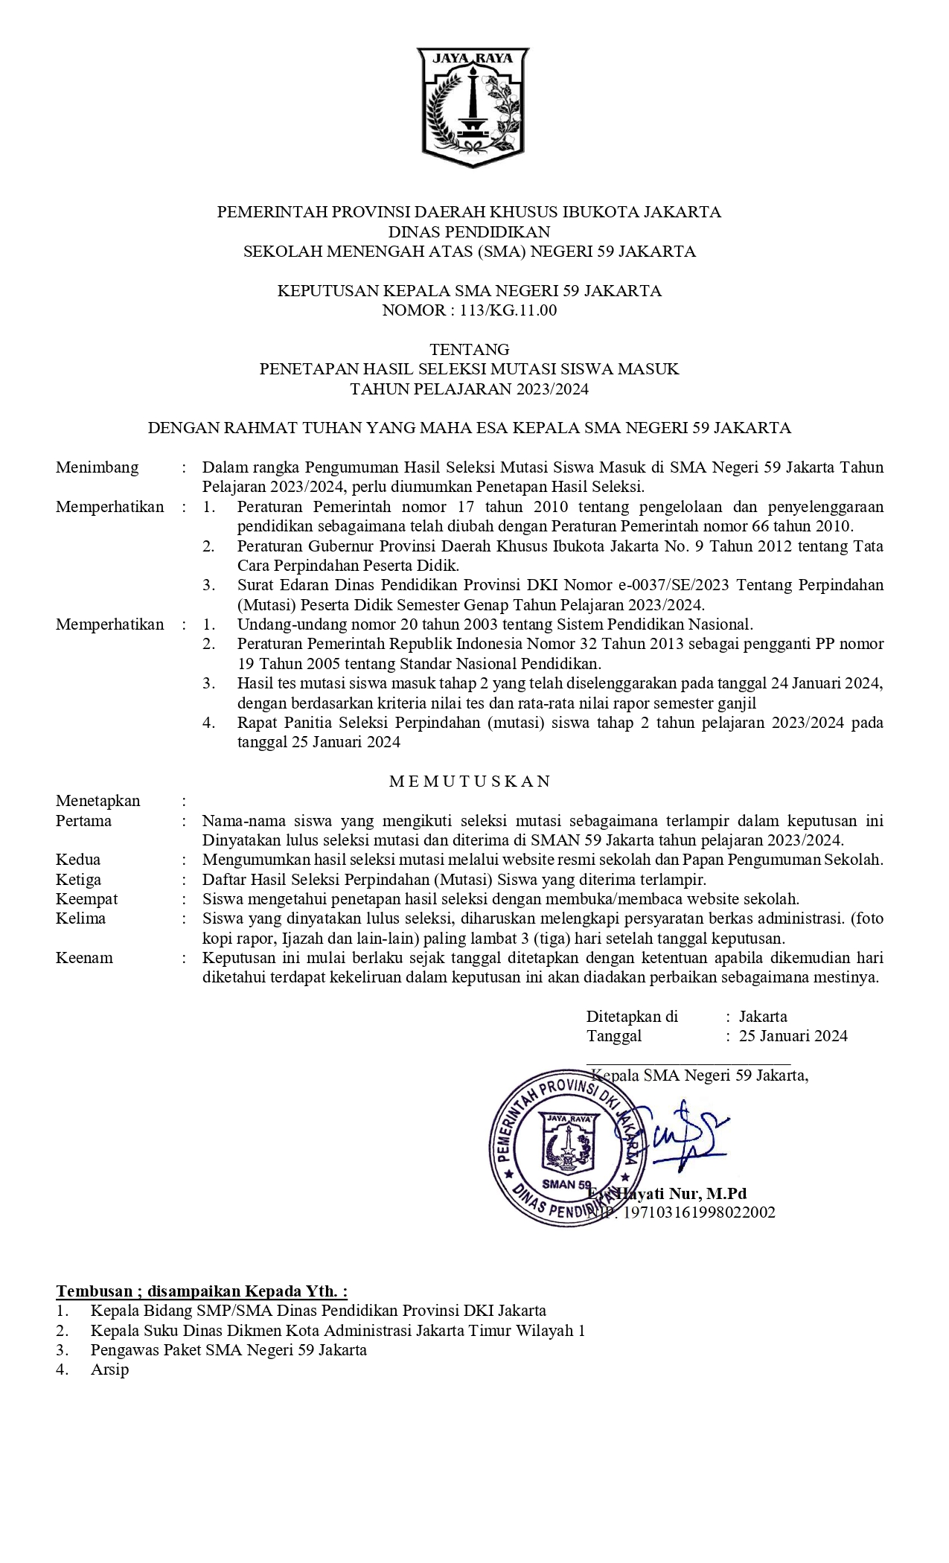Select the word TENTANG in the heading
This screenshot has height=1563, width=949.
tap(469, 349)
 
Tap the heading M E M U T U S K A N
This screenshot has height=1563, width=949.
tap(470, 781)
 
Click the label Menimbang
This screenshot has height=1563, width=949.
tap(97, 467)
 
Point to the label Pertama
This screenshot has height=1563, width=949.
tap(83, 821)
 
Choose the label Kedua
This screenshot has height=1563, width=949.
tap(78, 860)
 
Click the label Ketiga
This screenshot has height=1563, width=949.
tap(78, 879)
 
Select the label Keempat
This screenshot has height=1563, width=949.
tap(86, 899)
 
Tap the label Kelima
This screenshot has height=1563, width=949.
tap(80, 918)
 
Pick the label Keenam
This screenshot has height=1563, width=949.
tap(84, 958)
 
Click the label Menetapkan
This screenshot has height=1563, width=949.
tap(98, 801)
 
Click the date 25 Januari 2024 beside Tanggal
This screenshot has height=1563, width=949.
tap(793, 1036)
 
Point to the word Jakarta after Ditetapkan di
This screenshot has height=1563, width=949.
tap(763, 1017)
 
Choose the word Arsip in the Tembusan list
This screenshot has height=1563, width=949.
tap(109, 1369)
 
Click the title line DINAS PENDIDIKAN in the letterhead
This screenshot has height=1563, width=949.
tap(469, 231)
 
